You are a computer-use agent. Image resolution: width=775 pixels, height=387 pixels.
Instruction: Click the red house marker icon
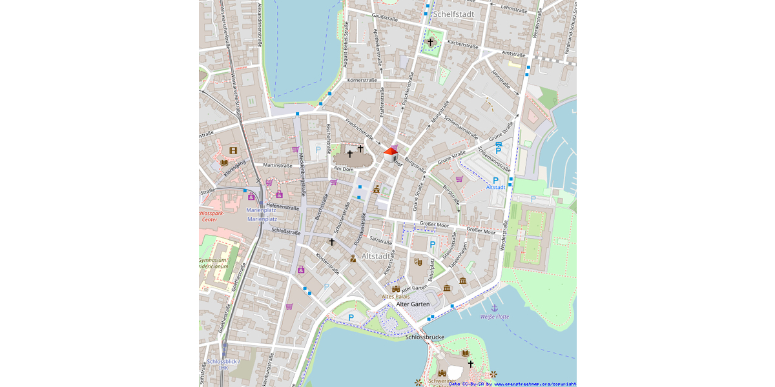pyautogui.click(x=391, y=154)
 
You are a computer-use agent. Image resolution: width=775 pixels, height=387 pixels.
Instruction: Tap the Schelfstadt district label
pyautogui.click(x=455, y=14)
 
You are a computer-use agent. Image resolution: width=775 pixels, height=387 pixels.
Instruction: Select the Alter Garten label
pyautogui.click(x=413, y=304)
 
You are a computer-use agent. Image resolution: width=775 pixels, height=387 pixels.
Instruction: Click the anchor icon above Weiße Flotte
pyautogui.click(x=495, y=308)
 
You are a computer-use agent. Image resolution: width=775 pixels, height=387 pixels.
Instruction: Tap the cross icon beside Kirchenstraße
pyautogui.click(x=431, y=42)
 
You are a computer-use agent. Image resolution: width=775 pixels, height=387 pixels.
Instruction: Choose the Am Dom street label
pyautogui.click(x=343, y=168)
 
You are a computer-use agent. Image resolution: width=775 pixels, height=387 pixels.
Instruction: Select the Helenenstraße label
pyautogui.click(x=282, y=208)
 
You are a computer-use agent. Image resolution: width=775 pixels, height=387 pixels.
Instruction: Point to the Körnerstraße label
pyautogui.click(x=362, y=80)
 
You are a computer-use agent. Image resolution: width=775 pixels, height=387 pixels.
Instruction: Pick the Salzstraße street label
pyautogui.click(x=381, y=241)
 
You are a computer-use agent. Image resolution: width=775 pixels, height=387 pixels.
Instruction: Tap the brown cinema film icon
pyautogui.click(x=233, y=151)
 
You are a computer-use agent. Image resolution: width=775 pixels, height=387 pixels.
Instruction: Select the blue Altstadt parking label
pyautogui.click(x=495, y=187)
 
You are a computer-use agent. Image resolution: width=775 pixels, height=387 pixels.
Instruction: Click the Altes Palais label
pyautogui.click(x=396, y=296)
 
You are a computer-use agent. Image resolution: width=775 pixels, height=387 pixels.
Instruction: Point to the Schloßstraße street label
pyautogui.click(x=286, y=230)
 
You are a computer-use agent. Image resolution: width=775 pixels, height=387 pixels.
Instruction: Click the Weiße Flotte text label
pyautogui.click(x=495, y=317)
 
